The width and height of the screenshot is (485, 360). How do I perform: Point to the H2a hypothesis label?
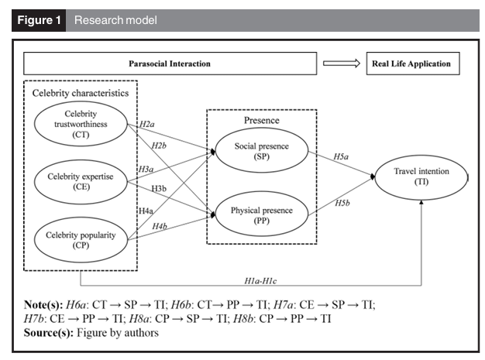[x=147, y=124]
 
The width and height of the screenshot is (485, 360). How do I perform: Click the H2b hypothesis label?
[x=159, y=146]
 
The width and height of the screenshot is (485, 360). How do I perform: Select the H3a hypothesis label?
[x=146, y=169]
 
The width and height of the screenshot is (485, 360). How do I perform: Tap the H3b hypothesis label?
[x=159, y=188]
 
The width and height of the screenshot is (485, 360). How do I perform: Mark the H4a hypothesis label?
[x=146, y=211]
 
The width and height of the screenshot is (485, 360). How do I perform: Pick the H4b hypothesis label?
[x=160, y=227]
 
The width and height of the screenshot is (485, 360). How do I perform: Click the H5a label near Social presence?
[x=341, y=156]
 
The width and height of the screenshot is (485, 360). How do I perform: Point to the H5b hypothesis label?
[x=342, y=203]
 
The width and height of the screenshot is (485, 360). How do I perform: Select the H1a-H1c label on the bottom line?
[x=260, y=280]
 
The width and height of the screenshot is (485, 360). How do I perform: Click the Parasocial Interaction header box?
[x=170, y=63]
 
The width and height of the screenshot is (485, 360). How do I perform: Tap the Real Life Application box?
[x=413, y=63]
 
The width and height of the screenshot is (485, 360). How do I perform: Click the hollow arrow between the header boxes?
[x=342, y=63]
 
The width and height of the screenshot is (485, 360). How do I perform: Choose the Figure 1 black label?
[x=39, y=20]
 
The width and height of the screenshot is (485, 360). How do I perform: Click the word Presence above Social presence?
[x=262, y=120]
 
